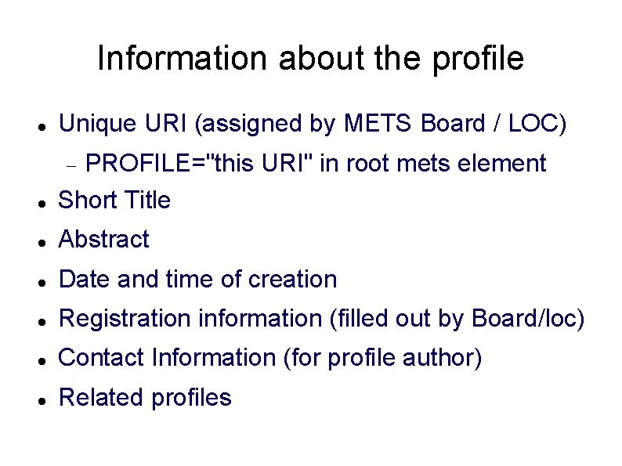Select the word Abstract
click(103, 240)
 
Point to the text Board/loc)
click(529, 319)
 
